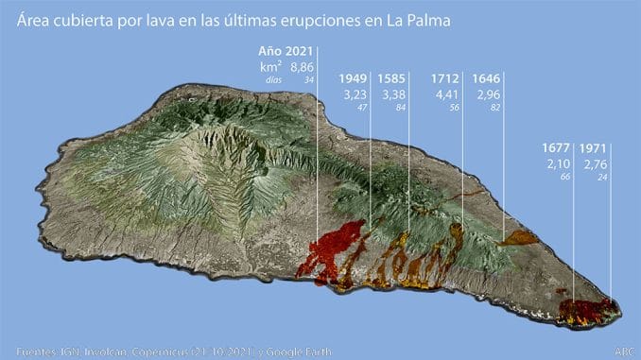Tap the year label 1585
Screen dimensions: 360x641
392,78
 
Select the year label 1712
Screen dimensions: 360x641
445,78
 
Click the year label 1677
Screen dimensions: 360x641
557,148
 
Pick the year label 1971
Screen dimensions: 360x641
593,148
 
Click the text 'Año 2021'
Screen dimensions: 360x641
286,50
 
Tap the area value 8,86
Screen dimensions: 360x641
302,67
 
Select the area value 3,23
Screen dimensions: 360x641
353,94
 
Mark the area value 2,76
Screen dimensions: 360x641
595,164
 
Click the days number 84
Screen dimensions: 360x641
400,109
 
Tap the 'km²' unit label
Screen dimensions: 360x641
271,67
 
